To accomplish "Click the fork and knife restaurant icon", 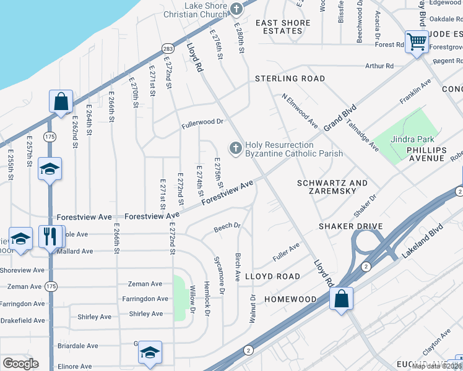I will [x=50, y=236].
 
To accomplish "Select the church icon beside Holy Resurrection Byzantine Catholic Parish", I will [x=235, y=148].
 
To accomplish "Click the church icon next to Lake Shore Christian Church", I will [x=236, y=9].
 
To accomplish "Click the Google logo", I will [x=20, y=364].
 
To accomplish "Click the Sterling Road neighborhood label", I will [x=290, y=79].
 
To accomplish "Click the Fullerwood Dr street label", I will [x=202, y=122].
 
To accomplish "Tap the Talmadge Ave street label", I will [x=362, y=135].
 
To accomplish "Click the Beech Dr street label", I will [x=227, y=227].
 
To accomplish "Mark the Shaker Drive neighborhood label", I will [x=350, y=226].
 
